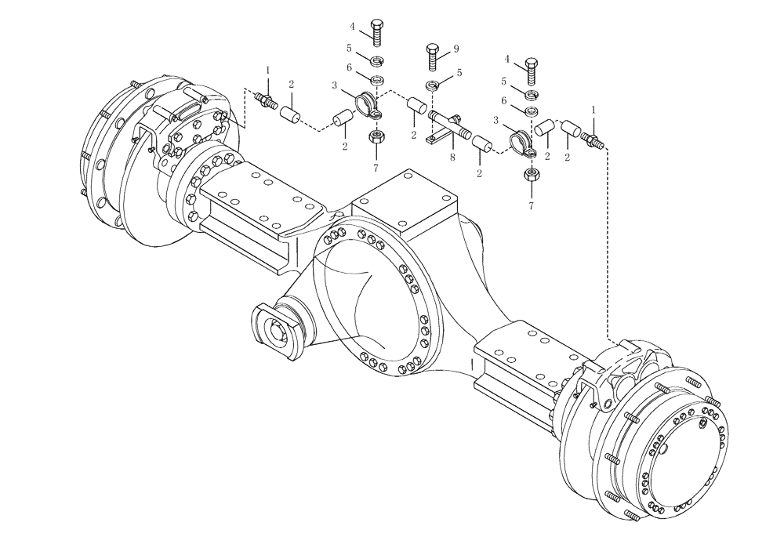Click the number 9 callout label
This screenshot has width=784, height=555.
456,49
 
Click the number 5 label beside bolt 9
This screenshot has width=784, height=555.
459,73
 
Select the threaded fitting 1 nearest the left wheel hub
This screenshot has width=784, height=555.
266,101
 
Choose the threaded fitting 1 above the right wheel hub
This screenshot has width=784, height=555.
593,140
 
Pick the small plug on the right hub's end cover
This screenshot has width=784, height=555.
703,423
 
